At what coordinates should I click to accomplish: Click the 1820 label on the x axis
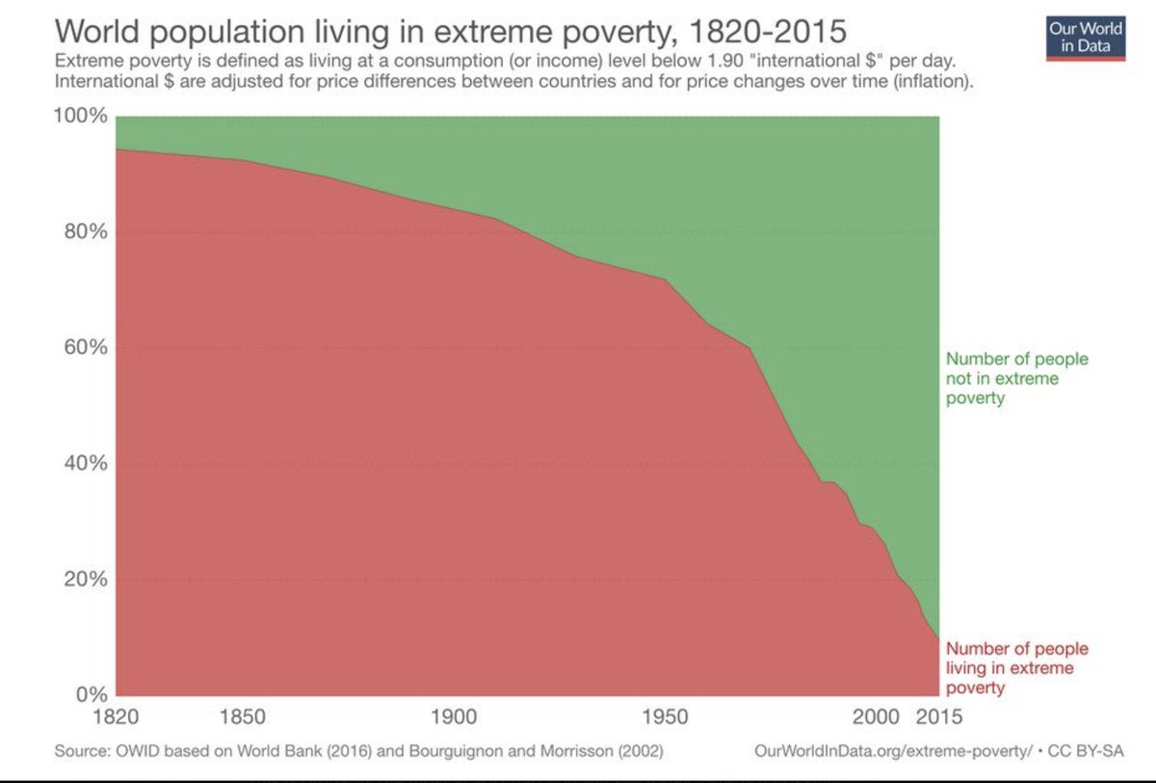point(116,717)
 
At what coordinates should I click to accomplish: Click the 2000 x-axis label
point(876,717)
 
